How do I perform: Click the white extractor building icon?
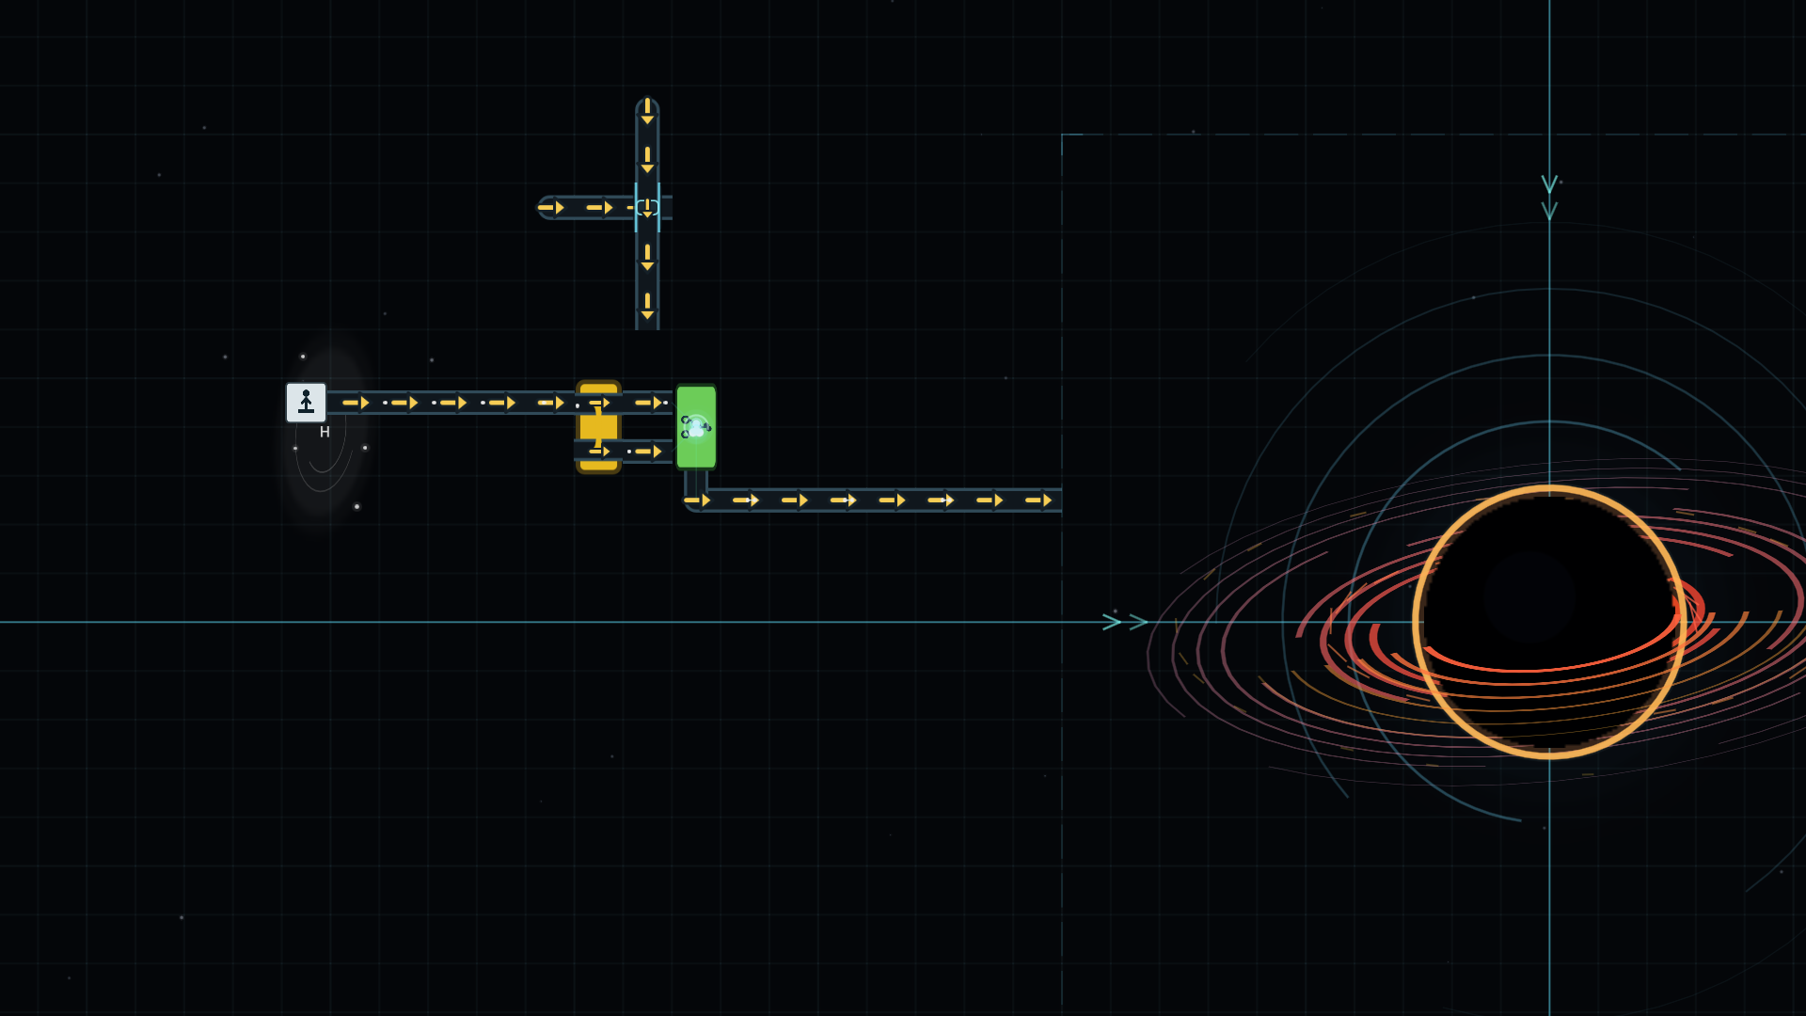click(x=306, y=403)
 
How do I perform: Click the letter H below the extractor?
click(x=325, y=433)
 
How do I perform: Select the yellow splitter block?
click(x=599, y=427)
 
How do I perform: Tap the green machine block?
click(x=696, y=427)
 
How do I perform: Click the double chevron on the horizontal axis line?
click(x=1125, y=622)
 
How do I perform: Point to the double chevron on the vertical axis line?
click(x=1549, y=198)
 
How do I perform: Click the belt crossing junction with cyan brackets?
click(x=647, y=207)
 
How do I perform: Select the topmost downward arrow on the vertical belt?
click(x=647, y=112)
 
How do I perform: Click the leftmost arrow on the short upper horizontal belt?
click(x=551, y=207)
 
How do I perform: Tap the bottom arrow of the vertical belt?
click(x=647, y=307)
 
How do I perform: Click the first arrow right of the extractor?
click(x=356, y=403)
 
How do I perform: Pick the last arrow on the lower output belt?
click(x=1038, y=500)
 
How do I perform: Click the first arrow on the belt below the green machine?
click(x=698, y=500)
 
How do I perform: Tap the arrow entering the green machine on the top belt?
click(x=649, y=403)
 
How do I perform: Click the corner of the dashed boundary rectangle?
click(x=1062, y=135)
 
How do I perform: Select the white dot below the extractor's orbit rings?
click(x=356, y=506)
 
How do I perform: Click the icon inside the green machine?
click(x=696, y=427)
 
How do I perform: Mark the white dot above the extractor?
click(x=303, y=357)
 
